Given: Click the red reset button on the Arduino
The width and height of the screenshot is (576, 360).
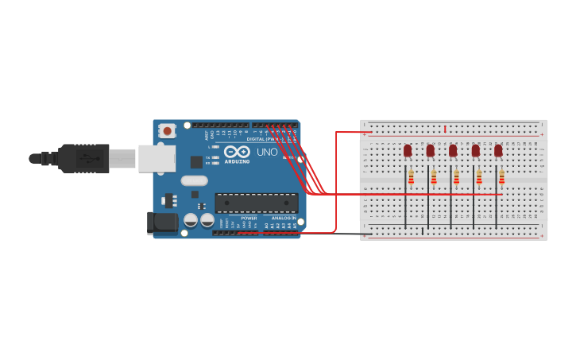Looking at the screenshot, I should (167, 130).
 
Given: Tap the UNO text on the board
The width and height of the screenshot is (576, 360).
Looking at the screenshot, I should (267, 152).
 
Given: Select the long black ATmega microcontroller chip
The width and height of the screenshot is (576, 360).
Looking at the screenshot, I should (256, 203).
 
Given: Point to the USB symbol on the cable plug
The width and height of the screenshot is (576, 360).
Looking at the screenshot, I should (87, 158).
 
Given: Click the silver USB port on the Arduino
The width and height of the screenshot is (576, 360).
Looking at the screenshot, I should (157, 158).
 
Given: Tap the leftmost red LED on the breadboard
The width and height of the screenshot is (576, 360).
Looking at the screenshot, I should (408, 150).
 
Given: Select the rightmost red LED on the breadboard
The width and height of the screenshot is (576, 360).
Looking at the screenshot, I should (498, 150).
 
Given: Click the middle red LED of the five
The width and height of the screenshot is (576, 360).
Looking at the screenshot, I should (453, 150).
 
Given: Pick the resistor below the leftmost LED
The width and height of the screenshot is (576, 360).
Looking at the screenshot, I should (411, 177).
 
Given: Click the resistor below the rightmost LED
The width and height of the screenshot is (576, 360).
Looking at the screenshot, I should (501, 177).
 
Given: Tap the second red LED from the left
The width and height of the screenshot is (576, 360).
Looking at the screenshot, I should (430, 150).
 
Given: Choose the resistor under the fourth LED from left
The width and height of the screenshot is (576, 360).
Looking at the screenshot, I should (479, 177).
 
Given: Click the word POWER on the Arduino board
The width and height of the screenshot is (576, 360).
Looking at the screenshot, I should (249, 218).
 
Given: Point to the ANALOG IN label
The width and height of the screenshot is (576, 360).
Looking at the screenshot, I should (284, 218).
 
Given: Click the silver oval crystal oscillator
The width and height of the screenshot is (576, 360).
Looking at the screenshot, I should (194, 180).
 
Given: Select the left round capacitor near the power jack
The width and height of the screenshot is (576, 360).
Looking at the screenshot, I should (191, 219).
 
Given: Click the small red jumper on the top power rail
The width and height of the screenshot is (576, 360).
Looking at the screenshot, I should (445, 128).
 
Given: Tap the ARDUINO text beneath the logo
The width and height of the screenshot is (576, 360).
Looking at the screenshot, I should (236, 161).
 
